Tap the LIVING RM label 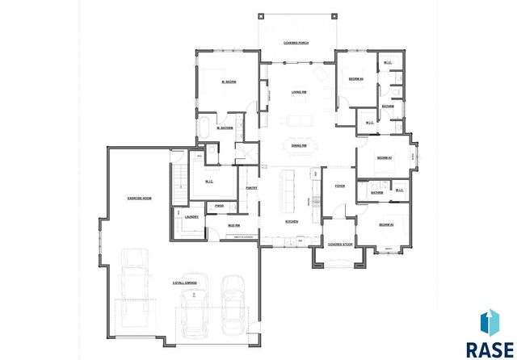(298, 92)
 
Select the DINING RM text (298, 144)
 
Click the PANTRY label (251, 187)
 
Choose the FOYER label (340, 186)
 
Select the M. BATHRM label (225, 128)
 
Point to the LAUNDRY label (192, 217)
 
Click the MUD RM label (232, 225)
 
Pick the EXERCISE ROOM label (139, 198)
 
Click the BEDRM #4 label (356, 79)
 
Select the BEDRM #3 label (385, 157)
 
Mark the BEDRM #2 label (386, 225)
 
